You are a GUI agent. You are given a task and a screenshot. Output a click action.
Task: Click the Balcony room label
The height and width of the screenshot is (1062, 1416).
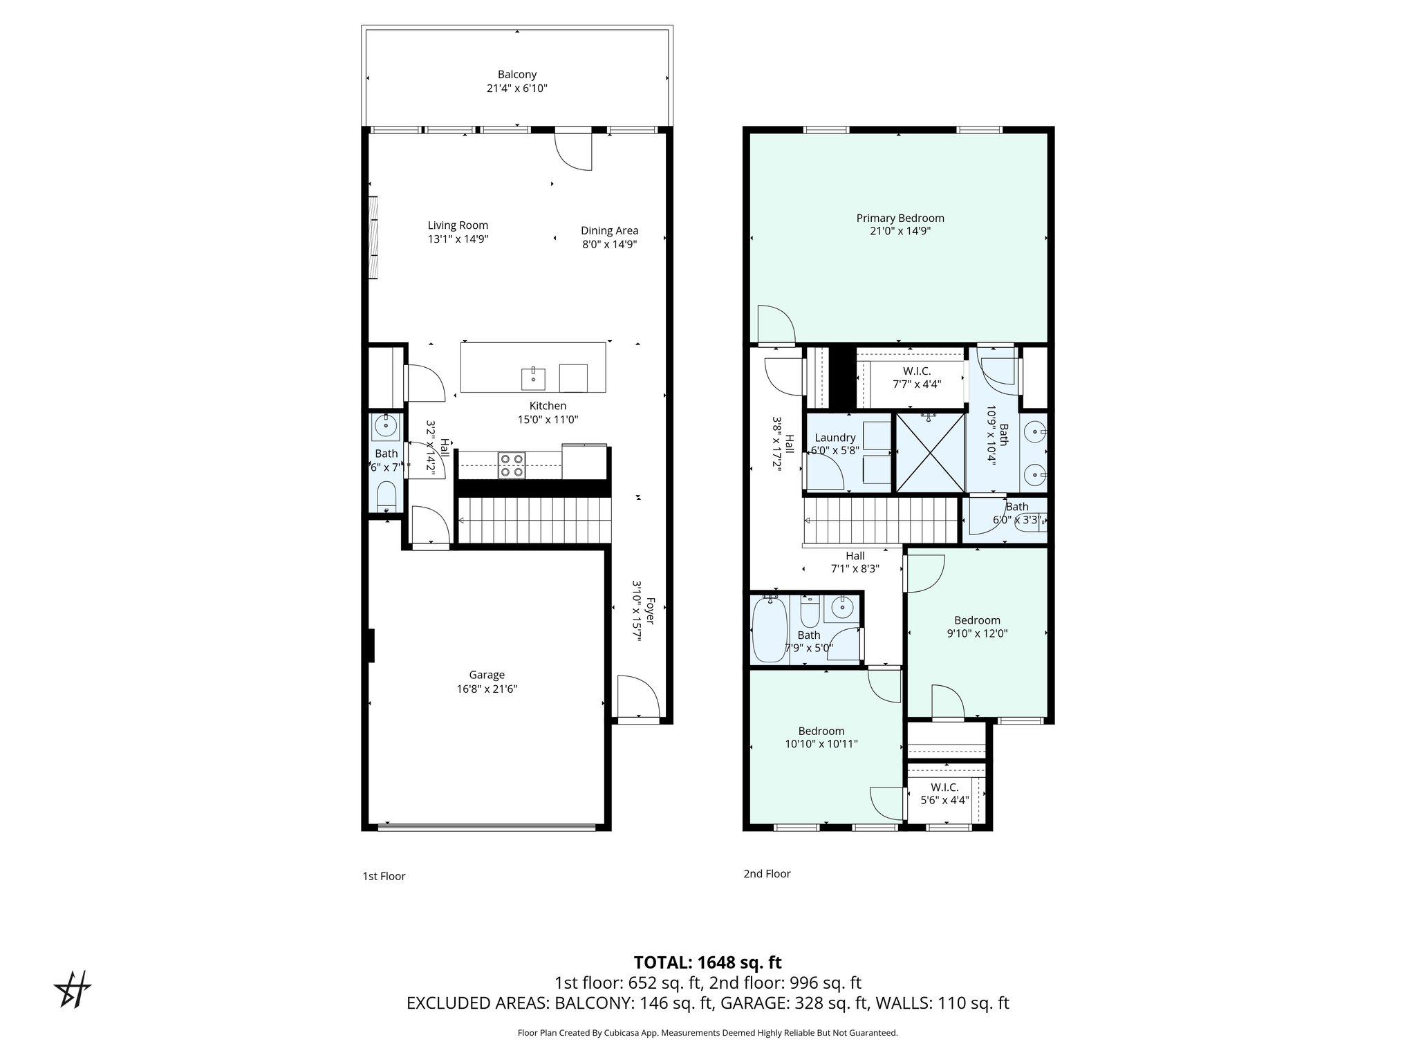[x=517, y=75]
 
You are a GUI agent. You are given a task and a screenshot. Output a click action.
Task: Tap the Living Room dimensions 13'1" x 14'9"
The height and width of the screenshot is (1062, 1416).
[x=458, y=239]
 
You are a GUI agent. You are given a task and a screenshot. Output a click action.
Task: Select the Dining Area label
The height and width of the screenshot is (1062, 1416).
[x=609, y=230]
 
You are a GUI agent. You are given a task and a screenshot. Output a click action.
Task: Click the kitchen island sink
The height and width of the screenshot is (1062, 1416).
[x=533, y=379]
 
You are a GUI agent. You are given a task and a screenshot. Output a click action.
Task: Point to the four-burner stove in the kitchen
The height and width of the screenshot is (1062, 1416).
[x=512, y=465]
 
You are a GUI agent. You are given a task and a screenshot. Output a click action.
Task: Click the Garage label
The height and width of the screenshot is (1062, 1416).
[x=487, y=675]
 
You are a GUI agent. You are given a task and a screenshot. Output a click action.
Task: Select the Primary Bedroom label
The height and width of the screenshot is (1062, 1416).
[x=900, y=218]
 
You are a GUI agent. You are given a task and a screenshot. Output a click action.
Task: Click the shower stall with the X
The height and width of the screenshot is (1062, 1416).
[x=929, y=453]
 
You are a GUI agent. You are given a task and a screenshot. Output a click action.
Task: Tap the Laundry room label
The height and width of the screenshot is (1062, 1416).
[x=835, y=438]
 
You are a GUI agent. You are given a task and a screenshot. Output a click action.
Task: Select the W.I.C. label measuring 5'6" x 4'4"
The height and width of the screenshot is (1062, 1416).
[x=944, y=788]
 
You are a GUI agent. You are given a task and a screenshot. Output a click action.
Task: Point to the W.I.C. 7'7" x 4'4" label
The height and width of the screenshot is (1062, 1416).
[x=917, y=371]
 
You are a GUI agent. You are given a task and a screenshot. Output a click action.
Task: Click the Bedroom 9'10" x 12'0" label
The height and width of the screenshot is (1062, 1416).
[x=977, y=620]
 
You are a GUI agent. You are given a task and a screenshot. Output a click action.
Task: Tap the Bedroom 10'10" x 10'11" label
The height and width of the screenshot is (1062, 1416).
[x=821, y=731]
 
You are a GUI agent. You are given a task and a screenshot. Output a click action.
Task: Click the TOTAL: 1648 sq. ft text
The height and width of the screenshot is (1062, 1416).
[x=707, y=962]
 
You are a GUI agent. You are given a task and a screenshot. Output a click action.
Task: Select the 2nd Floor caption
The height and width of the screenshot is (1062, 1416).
[x=767, y=874]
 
